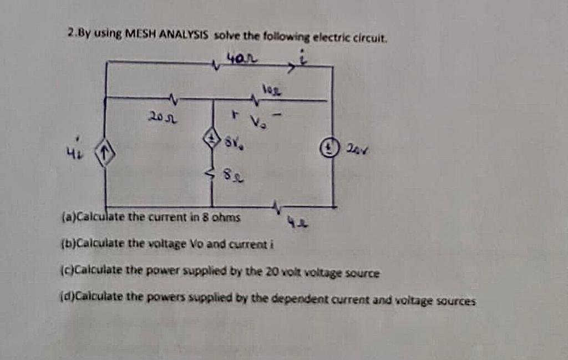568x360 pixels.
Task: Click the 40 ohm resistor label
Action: [x=242, y=57]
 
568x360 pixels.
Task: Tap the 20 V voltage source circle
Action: [x=333, y=149]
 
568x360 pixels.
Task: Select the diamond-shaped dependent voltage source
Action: [x=211, y=139]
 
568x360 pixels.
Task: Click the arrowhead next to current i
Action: [x=291, y=69]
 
